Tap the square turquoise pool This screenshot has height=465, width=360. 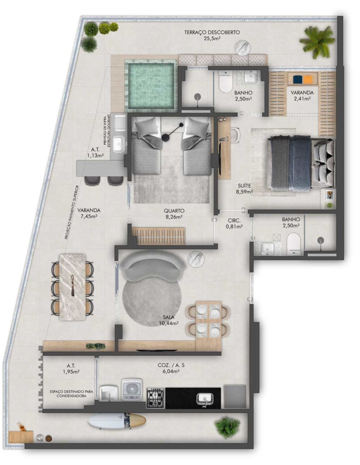pyautogui.click(x=150, y=85)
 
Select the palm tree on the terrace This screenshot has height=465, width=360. pyautogui.click(x=316, y=42)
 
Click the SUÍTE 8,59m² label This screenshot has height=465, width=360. pyautogui.click(x=244, y=188)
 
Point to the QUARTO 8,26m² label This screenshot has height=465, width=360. pyautogui.click(x=174, y=213)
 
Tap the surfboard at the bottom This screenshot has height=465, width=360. pyautogui.click(x=117, y=421)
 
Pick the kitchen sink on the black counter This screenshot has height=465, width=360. pyautogui.click(x=205, y=399)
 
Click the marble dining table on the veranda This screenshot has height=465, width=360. pyautogui.click(x=73, y=287)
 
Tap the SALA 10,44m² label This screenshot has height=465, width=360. pyautogui.click(x=168, y=320)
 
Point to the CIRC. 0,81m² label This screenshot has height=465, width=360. pyautogui.click(x=234, y=223)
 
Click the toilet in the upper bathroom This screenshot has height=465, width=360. pyautogui.click(x=225, y=82)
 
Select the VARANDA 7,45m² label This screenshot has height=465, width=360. pyautogui.click(x=89, y=213)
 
